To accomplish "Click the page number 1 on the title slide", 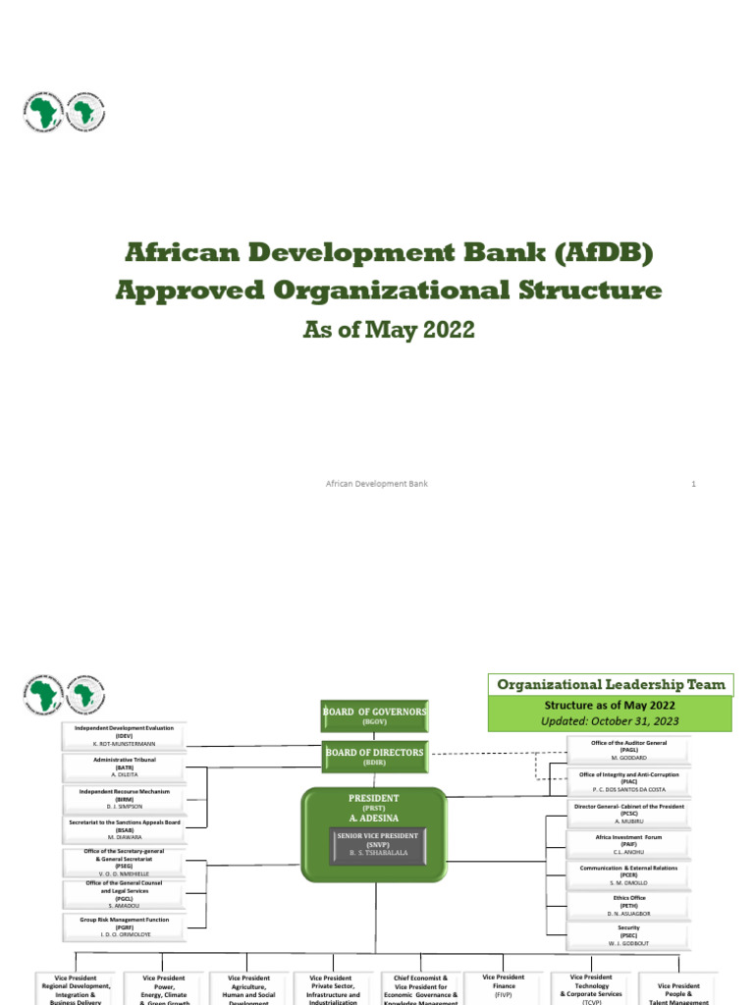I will point(693,484).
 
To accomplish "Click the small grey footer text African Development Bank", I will point(377,484).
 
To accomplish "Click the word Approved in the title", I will point(196,291).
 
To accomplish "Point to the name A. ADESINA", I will point(377,815).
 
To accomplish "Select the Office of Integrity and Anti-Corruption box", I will point(628,782).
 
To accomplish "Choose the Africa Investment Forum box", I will point(628,845).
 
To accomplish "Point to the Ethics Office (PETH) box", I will point(628,906).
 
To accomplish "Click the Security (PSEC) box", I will point(628,936).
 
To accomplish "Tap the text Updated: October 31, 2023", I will point(610,720).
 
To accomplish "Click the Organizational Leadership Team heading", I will point(610,685).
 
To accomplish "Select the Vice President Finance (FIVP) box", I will point(504,985).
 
